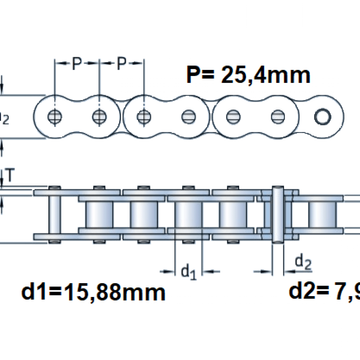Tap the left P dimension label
click(x=77, y=63)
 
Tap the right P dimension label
click(x=121, y=63)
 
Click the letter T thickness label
click(x=10, y=175)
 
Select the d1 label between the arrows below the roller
click(x=188, y=271)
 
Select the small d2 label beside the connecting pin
click(x=303, y=262)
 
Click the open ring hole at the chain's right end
click(x=322, y=117)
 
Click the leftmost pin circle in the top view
click(x=55, y=116)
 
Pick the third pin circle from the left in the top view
click(x=144, y=116)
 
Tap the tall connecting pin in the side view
click(x=277, y=214)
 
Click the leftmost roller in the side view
click(x=99, y=214)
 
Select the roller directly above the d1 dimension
click(x=189, y=214)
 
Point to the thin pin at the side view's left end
click(x=55, y=214)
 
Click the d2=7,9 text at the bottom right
click(x=324, y=291)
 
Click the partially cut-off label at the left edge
click(x=4, y=118)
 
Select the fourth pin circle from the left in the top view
click(x=189, y=116)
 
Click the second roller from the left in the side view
click(x=144, y=214)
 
